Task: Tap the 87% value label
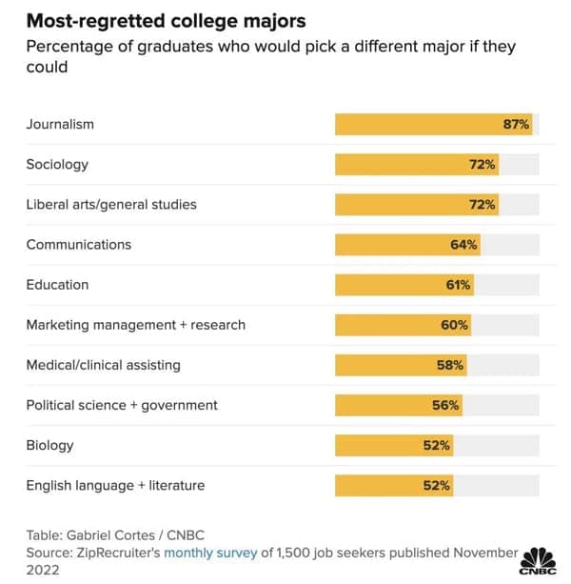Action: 516,124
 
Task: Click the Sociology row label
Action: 57,164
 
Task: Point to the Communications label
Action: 79,245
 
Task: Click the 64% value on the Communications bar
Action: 463,245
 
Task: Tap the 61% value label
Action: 458,285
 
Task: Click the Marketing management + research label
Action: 136,325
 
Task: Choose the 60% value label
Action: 455,325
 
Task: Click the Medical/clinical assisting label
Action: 103,365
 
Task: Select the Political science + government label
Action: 122,405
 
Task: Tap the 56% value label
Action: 445,405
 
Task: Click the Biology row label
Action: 49,445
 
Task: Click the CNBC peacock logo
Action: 540,560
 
